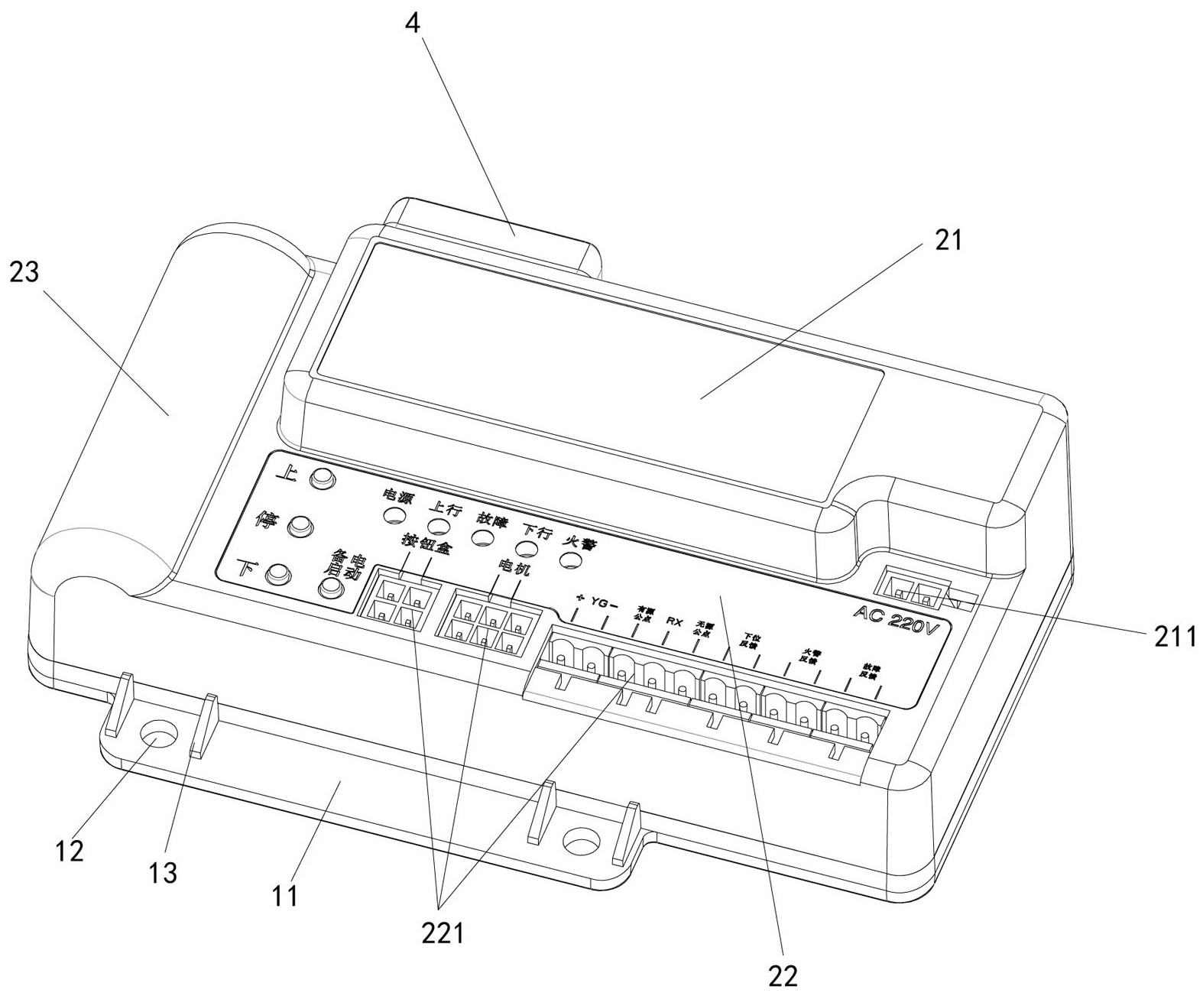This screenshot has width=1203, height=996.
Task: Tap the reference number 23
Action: (x=24, y=271)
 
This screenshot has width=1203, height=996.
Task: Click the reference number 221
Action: (x=443, y=933)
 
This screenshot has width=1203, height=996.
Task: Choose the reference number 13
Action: (x=163, y=871)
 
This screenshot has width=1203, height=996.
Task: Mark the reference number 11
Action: (x=285, y=895)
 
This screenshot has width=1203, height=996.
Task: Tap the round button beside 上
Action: (x=322, y=479)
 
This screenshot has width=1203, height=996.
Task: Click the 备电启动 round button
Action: (x=331, y=587)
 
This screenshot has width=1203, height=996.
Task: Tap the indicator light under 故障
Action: (x=481, y=537)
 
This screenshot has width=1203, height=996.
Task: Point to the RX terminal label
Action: (x=674, y=621)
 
